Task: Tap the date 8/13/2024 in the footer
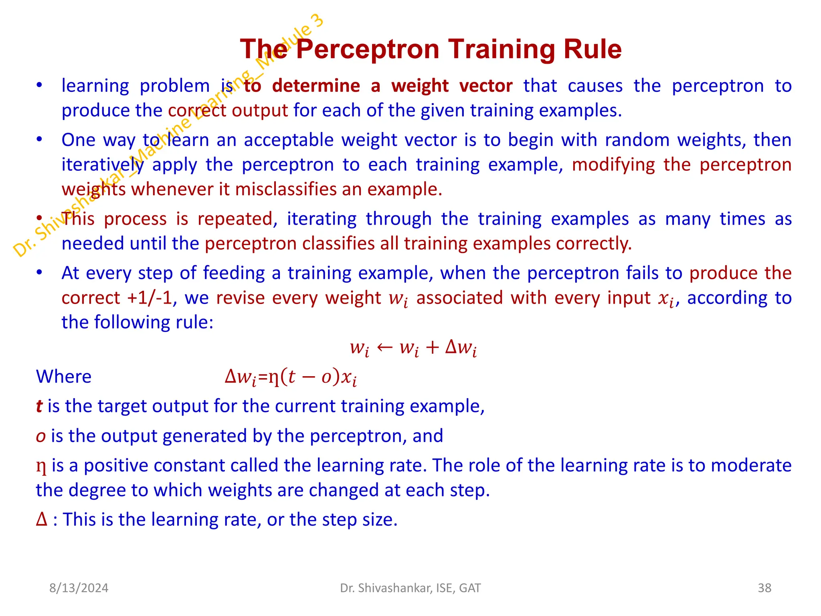click(x=79, y=588)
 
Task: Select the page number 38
click(x=764, y=588)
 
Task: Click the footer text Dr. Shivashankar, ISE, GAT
click(x=410, y=588)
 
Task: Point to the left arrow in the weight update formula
click(x=384, y=347)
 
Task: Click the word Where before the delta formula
click(x=64, y=377)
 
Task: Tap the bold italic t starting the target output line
click(x=39, y=406)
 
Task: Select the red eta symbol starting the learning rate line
click(x=41, y=466)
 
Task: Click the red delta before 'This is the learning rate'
click(x=41, y=519)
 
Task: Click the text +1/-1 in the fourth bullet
click(x=149, y=298)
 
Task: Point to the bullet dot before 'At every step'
click(x=39, y=273)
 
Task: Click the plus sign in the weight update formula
click(x=432, y=347)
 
